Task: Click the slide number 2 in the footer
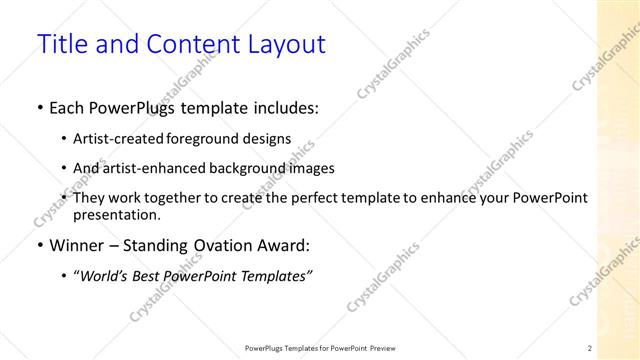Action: [x=590, y=348]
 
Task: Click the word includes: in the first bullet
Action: [x=284, y=108]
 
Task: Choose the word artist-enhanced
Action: [x=154, y=168]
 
